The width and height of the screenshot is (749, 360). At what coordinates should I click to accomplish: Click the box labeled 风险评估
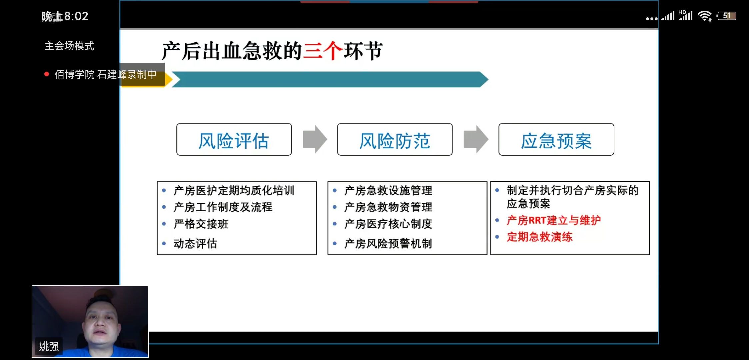[234, 139]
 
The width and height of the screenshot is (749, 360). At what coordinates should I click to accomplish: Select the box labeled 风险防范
[395, 139]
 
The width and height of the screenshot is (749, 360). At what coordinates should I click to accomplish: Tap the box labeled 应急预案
[556, 139]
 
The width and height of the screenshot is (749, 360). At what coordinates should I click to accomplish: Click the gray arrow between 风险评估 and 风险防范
[315, 139]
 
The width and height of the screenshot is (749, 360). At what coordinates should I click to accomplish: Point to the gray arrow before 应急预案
[476, 139]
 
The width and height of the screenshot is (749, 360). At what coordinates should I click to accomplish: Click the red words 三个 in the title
[323, 51]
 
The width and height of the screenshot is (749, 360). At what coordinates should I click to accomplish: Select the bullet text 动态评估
[195, 244]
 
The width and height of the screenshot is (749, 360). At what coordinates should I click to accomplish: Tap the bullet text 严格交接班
[201, 224]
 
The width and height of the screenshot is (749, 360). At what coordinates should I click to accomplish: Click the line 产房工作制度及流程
[223, 207]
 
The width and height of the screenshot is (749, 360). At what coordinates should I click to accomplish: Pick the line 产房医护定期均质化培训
[234, 190]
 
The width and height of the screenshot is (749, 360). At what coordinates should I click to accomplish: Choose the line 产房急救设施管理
[388, 190]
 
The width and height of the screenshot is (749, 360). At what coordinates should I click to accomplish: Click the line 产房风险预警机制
[388, 244]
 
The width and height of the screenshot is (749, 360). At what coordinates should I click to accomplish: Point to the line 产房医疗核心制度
[388, 224]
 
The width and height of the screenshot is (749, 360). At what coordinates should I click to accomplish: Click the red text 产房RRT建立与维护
[553, 220]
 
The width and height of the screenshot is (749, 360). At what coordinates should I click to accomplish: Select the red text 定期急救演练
[539, 237]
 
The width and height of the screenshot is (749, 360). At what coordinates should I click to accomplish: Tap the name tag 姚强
[49, 346]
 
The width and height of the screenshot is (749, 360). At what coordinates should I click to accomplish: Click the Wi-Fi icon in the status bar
[705, 16]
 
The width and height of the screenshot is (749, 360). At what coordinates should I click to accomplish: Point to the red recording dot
[47, 74]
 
